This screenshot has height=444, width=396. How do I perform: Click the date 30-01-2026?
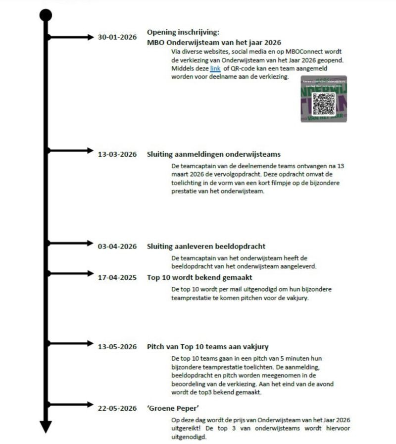[117, 37]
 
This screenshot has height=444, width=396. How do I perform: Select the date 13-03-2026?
[117, 154]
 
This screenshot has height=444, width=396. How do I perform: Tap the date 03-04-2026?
[117, 247]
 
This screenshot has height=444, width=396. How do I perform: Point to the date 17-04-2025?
[117, 278]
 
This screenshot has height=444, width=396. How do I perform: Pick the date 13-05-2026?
[117, 346]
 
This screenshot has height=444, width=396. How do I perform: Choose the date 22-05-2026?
[117, 408]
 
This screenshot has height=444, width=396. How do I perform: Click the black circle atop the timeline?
[46, 15]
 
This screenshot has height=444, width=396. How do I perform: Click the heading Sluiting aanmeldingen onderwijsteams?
[213, 154]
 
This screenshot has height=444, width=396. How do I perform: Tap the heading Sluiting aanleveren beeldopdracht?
[206, 247]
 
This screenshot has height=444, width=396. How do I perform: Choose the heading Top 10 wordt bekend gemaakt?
[199, 278]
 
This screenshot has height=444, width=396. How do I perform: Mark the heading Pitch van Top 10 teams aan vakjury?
[207, 346]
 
